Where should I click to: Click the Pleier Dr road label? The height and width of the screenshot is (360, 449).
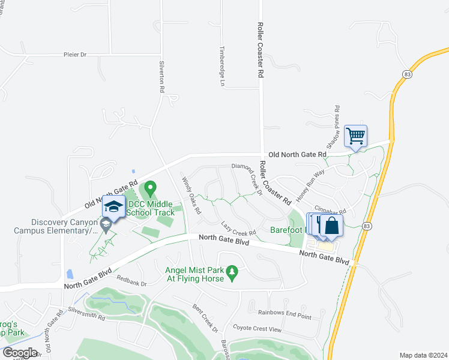pos(75,55)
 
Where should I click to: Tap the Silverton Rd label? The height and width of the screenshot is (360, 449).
pos(161,77)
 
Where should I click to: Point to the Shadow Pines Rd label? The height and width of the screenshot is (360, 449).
pos(333,127)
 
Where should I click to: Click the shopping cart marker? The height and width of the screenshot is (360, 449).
pos(355,137)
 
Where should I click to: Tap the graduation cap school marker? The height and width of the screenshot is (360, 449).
pos(113,208)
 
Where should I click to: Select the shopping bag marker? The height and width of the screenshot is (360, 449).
pos(330,226)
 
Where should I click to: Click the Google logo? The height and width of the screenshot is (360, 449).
pos(20,353)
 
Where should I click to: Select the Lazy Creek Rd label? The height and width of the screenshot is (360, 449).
pos(238,228)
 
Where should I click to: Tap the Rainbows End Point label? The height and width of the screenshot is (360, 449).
pos(285,313)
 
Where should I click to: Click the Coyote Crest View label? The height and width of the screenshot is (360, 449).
pos(257,329)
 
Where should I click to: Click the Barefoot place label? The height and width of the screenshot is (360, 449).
pos(285,229)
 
